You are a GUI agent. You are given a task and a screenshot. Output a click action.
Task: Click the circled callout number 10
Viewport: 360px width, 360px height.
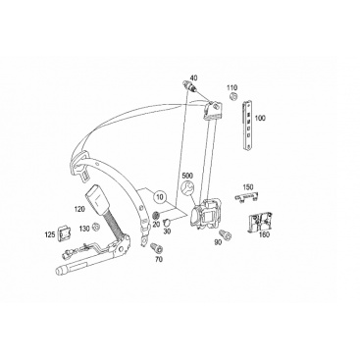click(x=161, y=197)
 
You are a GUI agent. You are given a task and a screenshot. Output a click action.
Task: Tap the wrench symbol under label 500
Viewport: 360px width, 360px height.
click(x=187, y=188)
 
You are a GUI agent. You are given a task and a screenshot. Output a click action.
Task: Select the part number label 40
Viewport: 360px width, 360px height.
click(x=194, y=77)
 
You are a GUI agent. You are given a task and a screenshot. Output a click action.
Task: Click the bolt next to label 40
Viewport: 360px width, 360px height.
click(x=190, y=86)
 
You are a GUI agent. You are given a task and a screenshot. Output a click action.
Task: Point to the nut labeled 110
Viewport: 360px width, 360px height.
click(x=233, y=96)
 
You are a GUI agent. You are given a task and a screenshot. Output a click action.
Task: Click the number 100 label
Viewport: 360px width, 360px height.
click(x=260, y=118)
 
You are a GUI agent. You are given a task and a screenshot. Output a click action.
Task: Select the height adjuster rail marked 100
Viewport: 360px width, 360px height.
click(x=247, y=126)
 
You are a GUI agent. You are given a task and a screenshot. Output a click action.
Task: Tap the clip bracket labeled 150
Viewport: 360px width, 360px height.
click(x=246, y=198)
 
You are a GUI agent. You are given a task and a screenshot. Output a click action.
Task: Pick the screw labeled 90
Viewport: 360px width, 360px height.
click(x=226, y=234)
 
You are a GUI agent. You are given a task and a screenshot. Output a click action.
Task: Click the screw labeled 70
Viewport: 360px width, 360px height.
click(x=157, y=248)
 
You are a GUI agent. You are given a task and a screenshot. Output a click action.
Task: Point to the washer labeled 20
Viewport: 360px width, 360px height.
click(x=157, y=216)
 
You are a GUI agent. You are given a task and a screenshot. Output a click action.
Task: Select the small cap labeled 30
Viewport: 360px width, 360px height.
click(x=168, y=223)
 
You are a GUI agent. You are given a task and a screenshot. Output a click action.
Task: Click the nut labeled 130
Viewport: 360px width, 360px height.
click(x=96, y=227)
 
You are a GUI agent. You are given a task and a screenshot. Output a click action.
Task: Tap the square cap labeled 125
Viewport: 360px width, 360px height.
click(x=64, y=233)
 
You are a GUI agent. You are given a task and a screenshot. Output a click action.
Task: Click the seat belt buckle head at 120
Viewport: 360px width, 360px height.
click(x=96, y=198)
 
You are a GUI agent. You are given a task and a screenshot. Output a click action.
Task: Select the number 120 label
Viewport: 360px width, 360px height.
click(x=79, y=209)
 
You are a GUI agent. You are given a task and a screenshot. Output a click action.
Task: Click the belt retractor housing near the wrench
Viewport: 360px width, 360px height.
click(x=205, y=214)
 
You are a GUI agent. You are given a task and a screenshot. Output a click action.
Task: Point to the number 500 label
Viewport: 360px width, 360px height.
click(x=188, y=175)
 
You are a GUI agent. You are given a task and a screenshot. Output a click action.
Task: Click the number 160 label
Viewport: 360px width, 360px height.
click(x=264, y=234)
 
